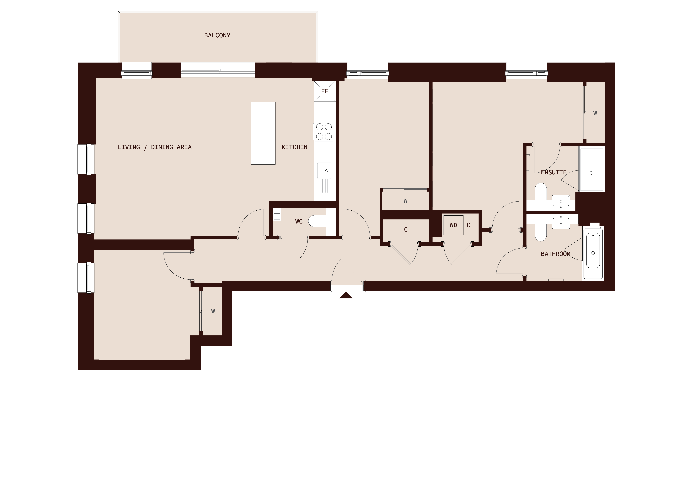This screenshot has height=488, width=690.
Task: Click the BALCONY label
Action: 217,35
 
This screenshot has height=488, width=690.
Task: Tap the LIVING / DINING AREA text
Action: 155,147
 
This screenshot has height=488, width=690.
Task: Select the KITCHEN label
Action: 294,147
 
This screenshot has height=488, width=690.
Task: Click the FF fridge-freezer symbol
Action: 324,91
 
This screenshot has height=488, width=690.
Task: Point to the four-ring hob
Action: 324,131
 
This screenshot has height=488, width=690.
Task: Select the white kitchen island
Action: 263,133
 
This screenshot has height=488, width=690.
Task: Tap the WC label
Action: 299,221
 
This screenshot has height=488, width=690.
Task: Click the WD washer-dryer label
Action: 453,225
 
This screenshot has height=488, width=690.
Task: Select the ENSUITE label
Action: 554,172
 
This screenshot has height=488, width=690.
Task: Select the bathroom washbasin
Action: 561,223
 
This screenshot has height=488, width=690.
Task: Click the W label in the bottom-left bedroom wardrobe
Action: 213,311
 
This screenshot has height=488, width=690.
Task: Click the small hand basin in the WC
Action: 277,216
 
